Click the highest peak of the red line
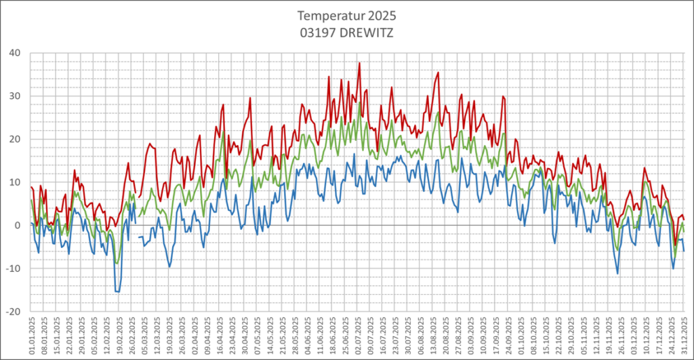pyautogui.click(x=359, y=63)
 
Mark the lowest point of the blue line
pyautogui.click(x=117, y=292)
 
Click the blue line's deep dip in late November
pyautogui.click(x=617, y=273)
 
